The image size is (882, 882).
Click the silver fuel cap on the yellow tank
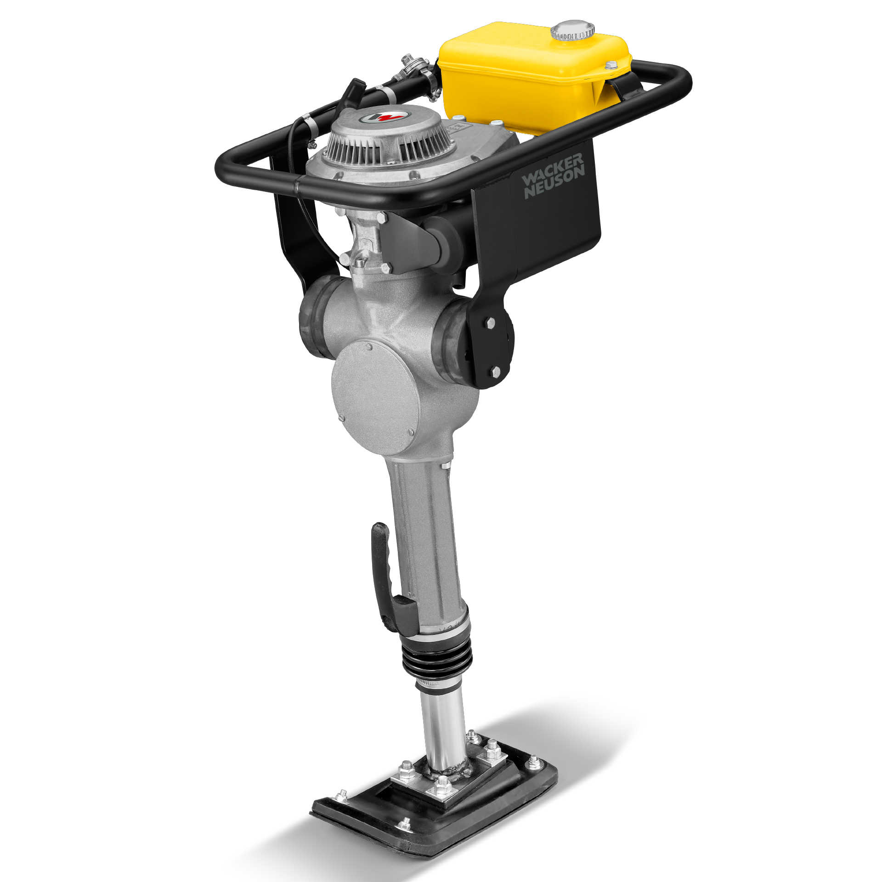[x=572, y=30]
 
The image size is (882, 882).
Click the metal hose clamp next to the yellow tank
[x=430, y=87]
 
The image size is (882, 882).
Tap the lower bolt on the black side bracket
[x=495, y=371]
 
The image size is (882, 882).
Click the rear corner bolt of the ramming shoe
[x=534, y=762]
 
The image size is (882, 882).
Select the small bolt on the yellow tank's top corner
[x=611, y=65]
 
